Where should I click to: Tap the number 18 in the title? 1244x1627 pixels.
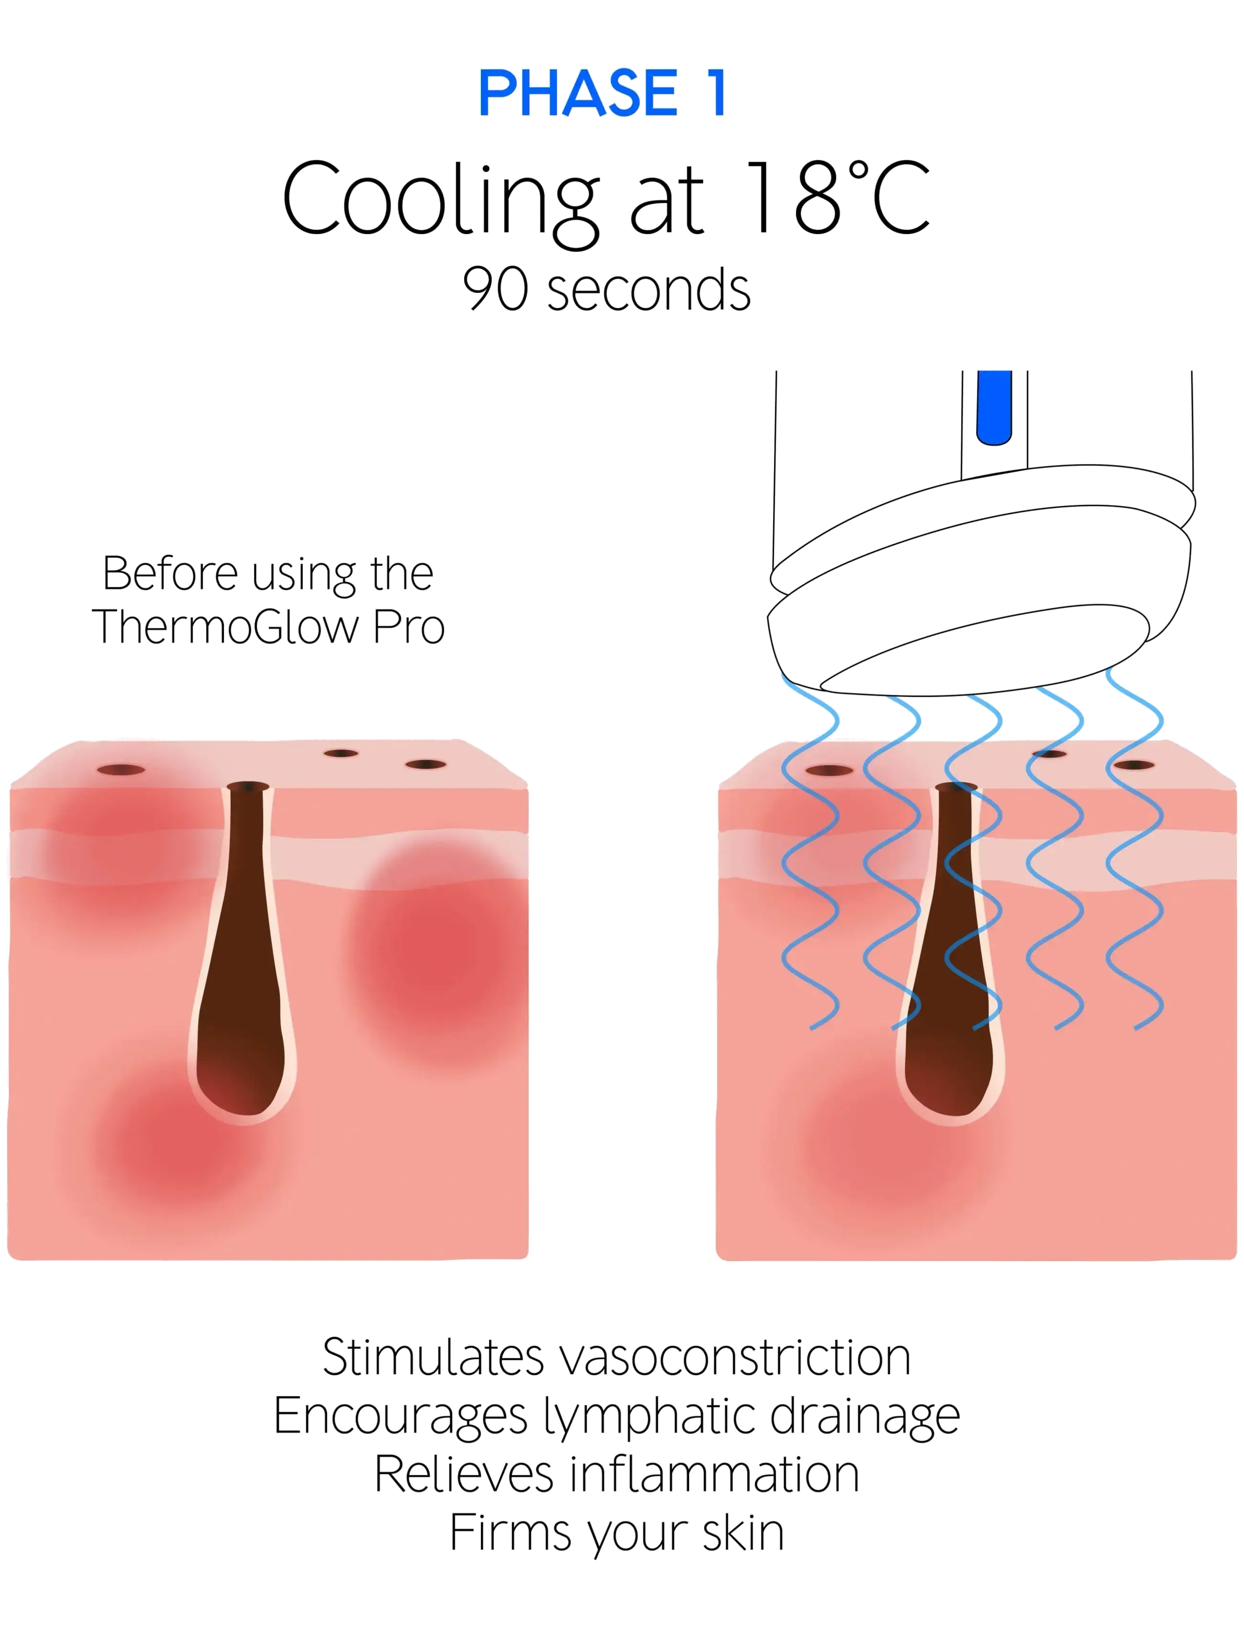point(793,198)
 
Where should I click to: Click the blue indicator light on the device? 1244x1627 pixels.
point(994,407)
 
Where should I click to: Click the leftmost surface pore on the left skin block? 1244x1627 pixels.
point(121,770)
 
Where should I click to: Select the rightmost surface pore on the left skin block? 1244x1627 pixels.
point(426,764)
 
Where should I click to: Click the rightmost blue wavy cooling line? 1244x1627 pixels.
point(1134,848)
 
